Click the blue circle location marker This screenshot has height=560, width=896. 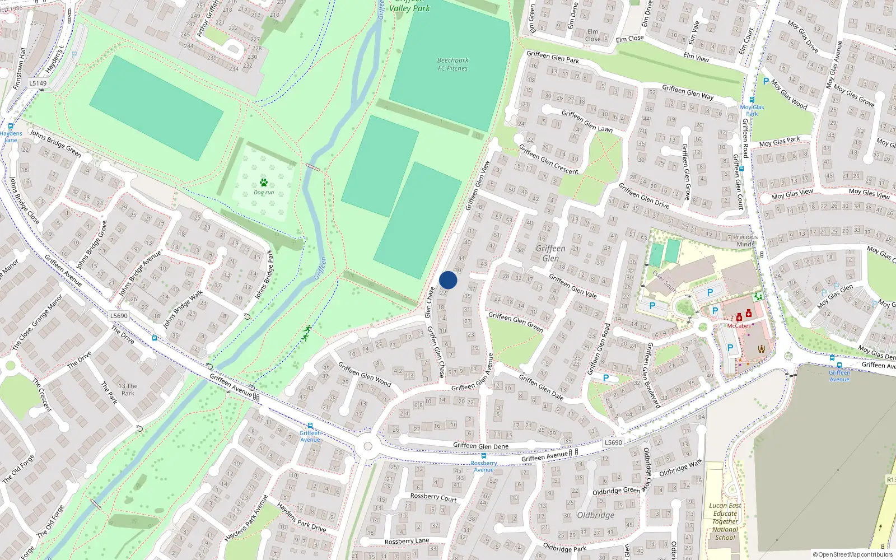click(448, 280)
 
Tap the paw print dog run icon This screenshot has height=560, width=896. click(264, 182)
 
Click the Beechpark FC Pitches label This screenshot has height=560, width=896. click(452, 64)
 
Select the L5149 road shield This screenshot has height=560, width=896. click(38, 83)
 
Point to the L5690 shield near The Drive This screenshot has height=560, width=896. click(119, 316)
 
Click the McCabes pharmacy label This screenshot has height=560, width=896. click(739, 325)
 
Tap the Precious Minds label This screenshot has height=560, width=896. click(745, 240)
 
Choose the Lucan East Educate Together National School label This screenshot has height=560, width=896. click(725, 521)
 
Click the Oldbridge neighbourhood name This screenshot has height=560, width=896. click(595, 515)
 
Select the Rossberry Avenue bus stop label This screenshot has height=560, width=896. click(484, 466)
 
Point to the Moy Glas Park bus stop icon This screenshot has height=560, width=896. click(752, 100)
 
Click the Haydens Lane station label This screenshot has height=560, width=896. click(11, 137)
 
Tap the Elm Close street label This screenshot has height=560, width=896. click(629, 39)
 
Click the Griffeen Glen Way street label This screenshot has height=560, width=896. click(688, 92)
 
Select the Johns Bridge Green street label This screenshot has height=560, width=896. click(55, 143)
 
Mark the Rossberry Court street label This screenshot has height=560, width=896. click(433, 497)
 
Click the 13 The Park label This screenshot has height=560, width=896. click(128, 389)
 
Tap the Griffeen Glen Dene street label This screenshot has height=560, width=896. click(480, 446)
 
